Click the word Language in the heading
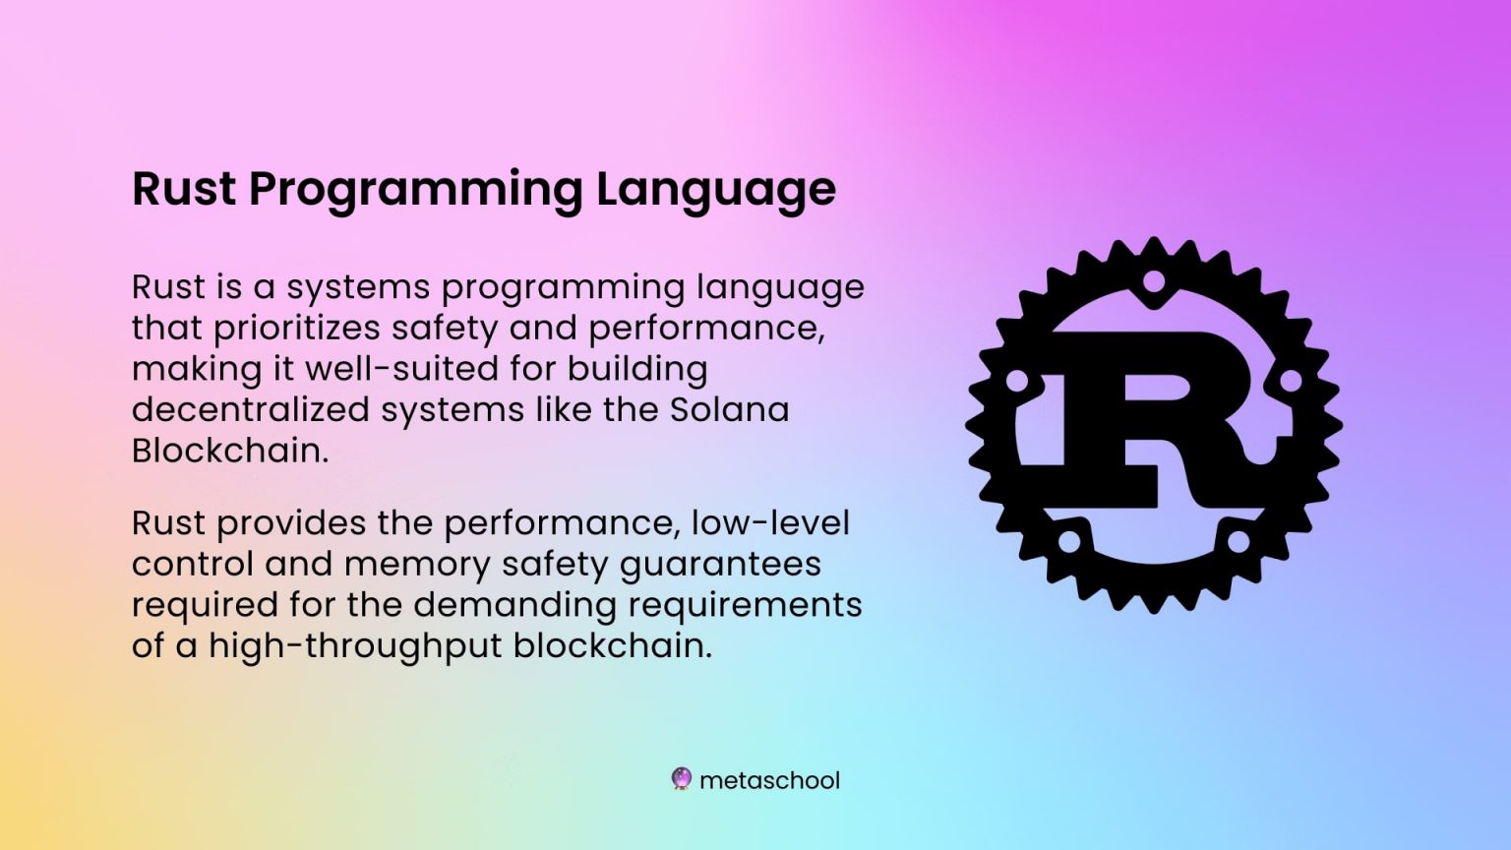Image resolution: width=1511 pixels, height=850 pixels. point(715,189)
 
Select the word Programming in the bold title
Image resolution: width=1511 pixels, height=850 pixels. point(415,189)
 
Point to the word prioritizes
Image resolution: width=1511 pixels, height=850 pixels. point(295,329)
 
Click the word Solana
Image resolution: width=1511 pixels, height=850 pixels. point(729,409)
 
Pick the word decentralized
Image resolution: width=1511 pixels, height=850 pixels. point(250,409)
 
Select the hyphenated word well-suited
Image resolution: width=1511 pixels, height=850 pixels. point(402,369)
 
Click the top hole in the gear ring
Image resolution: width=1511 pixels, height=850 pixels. point(1154,282)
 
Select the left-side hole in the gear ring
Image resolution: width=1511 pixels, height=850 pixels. point(1017,380)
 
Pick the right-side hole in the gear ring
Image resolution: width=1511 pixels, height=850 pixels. point(1290,380)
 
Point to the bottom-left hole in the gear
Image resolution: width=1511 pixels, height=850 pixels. point(1069,541)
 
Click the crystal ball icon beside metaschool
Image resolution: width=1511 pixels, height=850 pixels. point(681,779)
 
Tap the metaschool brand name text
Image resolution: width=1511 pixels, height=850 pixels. point(769,780)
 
